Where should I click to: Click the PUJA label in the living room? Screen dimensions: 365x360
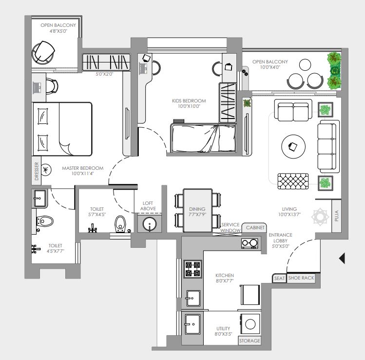(x=336, y=216)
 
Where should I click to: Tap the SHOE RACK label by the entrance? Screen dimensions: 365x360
(x=301, y=278)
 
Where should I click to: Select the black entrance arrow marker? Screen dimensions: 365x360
(x=342, y=258)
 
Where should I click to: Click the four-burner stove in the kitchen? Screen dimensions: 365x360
(x=192, y=269)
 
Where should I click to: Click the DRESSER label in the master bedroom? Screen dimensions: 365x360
(x=37, y=171)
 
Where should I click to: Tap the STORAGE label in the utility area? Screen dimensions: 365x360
(x=250, y=340)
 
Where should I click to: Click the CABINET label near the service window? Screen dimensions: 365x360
(x=255, y=227)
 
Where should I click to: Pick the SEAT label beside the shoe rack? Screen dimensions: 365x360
(x=279, y=278)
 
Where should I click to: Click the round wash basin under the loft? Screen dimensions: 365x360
(x=150, y=224)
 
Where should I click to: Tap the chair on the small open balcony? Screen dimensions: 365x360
(x=43, y=52)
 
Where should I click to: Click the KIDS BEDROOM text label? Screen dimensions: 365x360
(x=189, y=100)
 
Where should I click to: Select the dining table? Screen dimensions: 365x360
(x=198, y=210)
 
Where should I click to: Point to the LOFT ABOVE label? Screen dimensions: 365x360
(x=148, y=206)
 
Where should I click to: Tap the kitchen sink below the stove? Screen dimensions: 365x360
(x=193, y=298)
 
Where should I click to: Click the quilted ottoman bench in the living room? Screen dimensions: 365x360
(x=293, y=181)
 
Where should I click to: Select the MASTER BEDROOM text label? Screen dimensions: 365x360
(x=83, y=168)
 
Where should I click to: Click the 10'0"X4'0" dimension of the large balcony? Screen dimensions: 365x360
(x=270, y=67)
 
